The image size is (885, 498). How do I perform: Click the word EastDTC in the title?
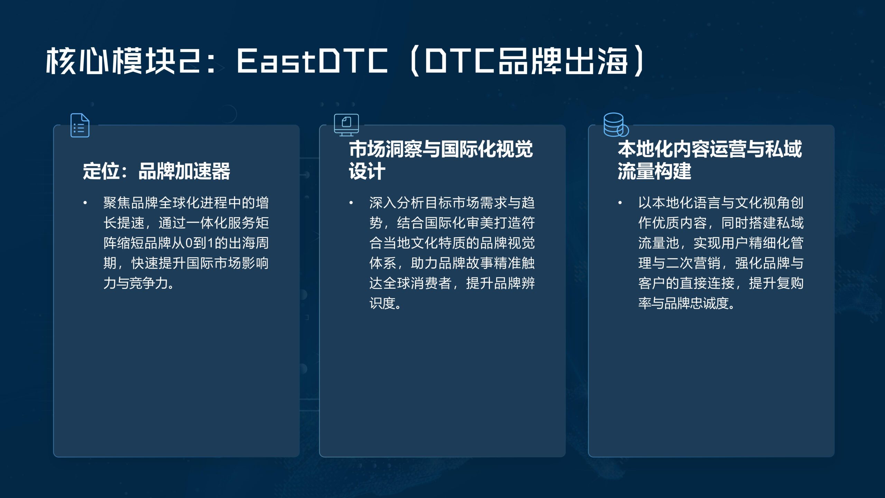(312, 61)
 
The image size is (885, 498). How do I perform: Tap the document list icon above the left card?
(80, 125)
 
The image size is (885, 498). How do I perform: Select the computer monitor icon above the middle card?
(346, 125)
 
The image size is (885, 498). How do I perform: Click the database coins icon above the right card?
(616, 125)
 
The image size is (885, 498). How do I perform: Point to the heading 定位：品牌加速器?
(157, 171)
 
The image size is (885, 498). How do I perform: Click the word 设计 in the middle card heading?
(367, 171)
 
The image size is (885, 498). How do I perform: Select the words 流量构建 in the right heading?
(654, 171)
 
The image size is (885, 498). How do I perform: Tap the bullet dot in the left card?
(85, 203)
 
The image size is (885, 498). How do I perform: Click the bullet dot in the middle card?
(351, 203)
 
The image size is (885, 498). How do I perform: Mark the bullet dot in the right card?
(620, 203)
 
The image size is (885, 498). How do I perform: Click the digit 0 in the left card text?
(189, 243)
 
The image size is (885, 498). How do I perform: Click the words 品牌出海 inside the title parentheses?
(563, 61)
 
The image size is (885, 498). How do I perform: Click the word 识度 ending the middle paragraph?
(383, 303)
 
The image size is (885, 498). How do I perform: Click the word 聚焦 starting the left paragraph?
(117, 203)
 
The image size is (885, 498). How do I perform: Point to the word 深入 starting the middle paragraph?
(383, 203)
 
